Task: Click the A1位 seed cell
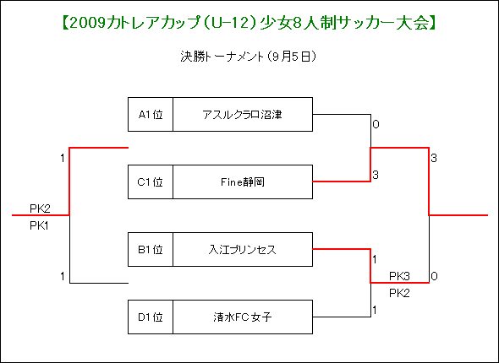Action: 151,114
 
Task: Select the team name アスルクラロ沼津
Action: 243,114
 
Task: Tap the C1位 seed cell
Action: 151,182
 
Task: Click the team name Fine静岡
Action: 243,182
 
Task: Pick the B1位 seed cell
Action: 151,249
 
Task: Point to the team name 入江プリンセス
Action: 243,250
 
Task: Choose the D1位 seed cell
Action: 151,317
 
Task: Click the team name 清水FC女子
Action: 243,317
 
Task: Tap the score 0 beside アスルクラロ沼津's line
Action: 376,124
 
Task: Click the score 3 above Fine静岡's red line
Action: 376,175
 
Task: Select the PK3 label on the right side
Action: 399,276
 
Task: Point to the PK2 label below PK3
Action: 399,293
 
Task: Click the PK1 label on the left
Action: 40,225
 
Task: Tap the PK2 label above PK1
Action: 40,209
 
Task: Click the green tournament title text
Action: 249,23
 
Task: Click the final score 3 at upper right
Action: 434,158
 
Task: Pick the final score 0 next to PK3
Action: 434,276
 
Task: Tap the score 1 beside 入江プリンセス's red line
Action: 375,259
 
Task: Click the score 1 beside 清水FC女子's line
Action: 375,310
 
